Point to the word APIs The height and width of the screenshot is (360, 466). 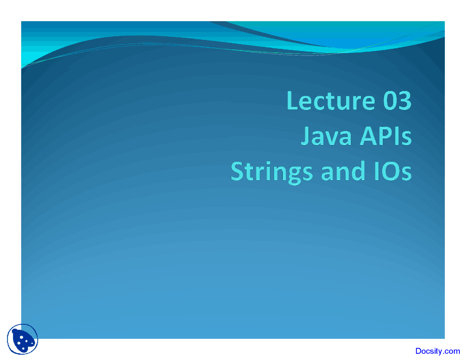coord(386,137)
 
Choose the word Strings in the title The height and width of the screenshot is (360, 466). coord(272,172)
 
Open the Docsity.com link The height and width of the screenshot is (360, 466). coord(438,351)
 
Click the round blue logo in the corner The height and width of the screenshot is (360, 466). coord(23,339)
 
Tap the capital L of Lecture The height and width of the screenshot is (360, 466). coord(293,101)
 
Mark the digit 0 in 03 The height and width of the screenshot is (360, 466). coord(390,101)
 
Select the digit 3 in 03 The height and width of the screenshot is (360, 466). coord(405,101)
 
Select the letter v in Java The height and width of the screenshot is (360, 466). coord(332,138)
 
